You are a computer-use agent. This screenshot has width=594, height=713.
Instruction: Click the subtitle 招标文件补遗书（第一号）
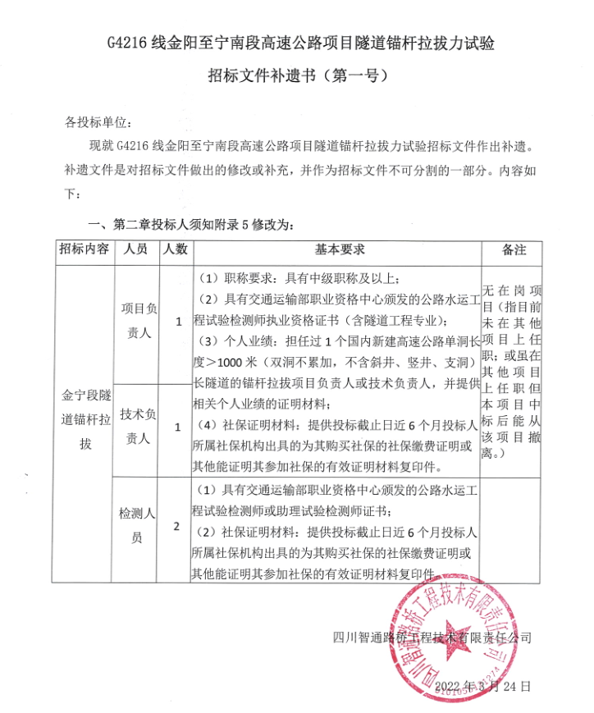pyautogui.click(x=297, y=75)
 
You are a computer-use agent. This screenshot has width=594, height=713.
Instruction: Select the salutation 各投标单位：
pyautogui.click(x=98, y=122)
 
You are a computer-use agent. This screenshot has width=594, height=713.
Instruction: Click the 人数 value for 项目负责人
pyautogui.click(x=177, y=321)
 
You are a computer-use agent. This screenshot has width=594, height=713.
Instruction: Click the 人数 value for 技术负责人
pyautogui.click(x=177, y=427)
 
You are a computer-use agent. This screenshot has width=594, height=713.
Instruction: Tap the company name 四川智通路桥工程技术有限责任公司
pyautogui.click(x=433, y=637)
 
